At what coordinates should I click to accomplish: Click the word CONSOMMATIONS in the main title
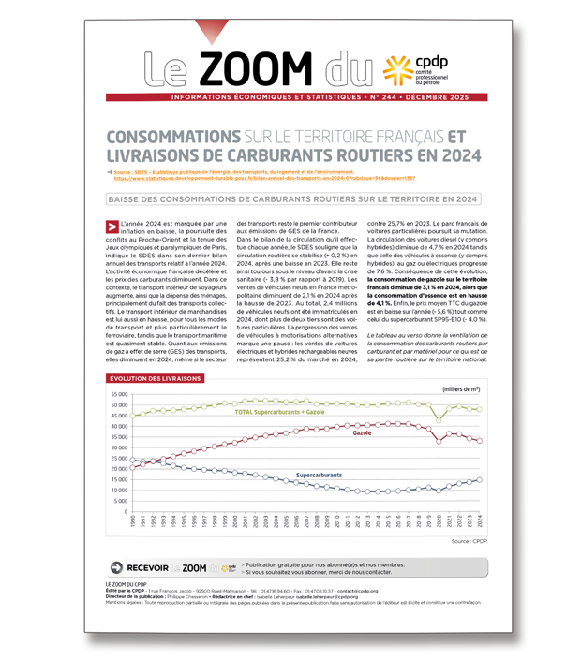[173, 136]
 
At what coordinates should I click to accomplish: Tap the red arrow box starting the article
[112, 226]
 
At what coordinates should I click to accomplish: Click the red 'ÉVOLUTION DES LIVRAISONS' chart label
[155, 378]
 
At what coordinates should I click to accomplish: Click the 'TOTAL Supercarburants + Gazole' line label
[279, 412]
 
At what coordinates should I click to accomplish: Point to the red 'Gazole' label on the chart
[362, 434]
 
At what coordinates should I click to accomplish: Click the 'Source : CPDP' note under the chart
[472, 541]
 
